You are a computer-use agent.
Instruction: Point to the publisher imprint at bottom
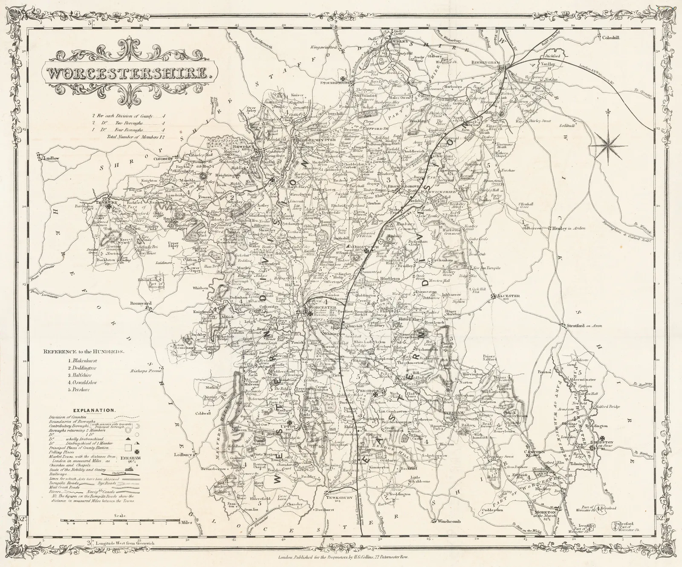341,557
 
